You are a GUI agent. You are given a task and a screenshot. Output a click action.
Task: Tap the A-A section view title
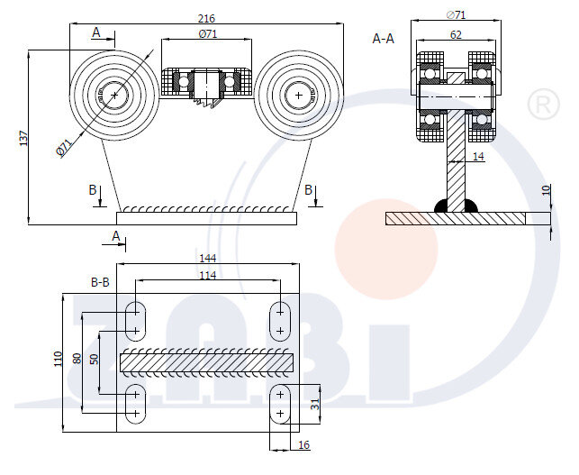[383, 39]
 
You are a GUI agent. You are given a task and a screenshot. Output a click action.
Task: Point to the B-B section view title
[99, 281]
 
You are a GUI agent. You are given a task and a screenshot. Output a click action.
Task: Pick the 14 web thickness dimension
[477, 157]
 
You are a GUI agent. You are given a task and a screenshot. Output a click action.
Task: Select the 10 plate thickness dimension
[546, 190]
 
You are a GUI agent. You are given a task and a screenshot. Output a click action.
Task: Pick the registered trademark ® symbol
[541, 105]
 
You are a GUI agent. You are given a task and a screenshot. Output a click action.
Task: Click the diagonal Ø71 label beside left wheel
[65, 147]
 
